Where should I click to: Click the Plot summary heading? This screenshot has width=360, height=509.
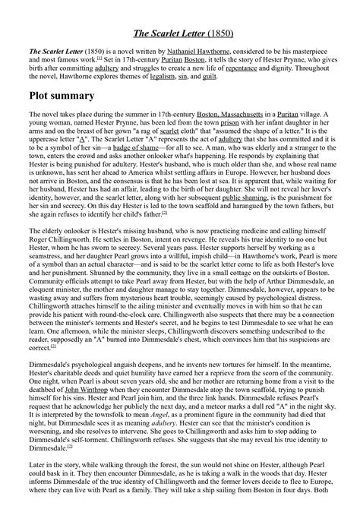point(68,96)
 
